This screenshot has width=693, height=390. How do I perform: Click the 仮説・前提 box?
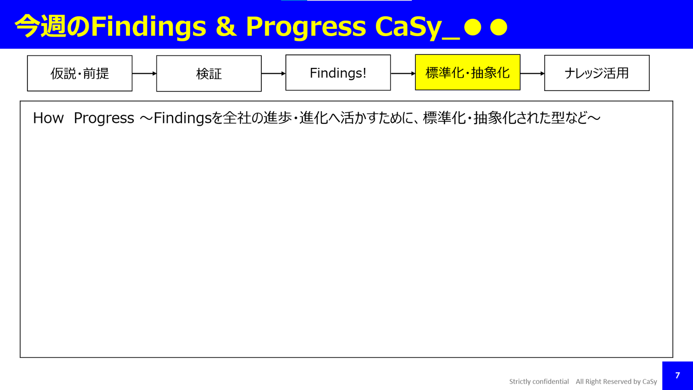coord(80,73)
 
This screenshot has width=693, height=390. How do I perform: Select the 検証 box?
coord(209,74)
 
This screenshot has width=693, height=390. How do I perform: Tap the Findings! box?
coord(338,73)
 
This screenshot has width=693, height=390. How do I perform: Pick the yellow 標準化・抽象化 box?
coord(467,72)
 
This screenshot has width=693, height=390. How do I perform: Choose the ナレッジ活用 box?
coord(597,73)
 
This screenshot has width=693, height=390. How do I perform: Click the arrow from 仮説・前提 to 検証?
coord(144,73)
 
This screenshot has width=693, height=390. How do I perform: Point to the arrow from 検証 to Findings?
coord(274,73)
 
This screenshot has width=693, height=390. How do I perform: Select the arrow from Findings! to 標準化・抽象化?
coord(403,73)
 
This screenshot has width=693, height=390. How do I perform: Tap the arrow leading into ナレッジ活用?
coord(532,73)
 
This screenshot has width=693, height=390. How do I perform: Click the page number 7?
coord(678,376)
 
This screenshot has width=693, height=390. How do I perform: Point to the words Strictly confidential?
coord(539,381)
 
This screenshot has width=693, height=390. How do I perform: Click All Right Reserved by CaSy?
coord(616,381)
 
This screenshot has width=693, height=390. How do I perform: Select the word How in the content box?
coord(48,118)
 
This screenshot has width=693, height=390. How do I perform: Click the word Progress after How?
coord(104,118)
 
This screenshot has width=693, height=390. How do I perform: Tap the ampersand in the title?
coord(226,26)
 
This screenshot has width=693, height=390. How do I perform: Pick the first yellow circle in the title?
coord(473,27)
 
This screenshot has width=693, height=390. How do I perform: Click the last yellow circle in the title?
coord(499,27)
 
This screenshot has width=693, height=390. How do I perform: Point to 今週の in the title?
coord(52,26)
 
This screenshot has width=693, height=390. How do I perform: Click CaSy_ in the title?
coord(418,27)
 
